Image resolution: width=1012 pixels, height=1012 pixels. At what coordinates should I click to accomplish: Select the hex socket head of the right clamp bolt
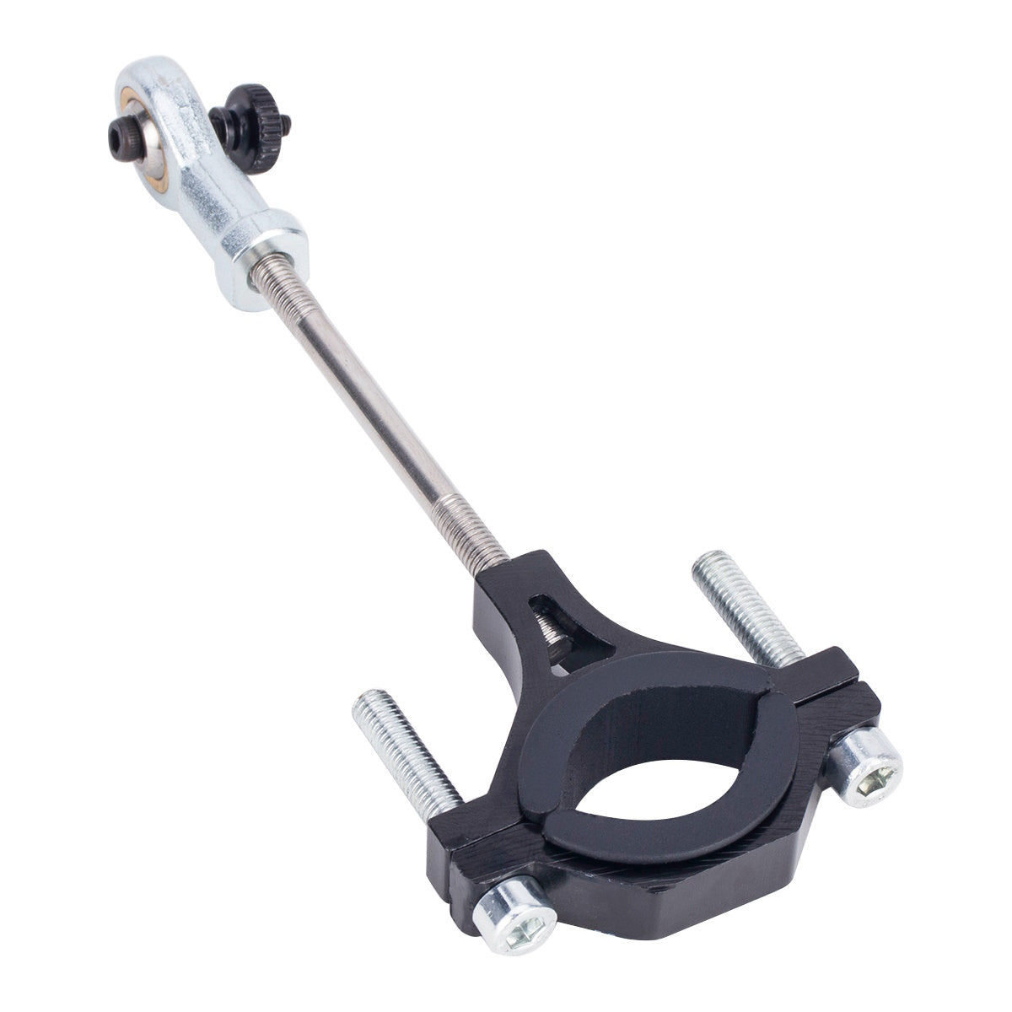869,767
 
